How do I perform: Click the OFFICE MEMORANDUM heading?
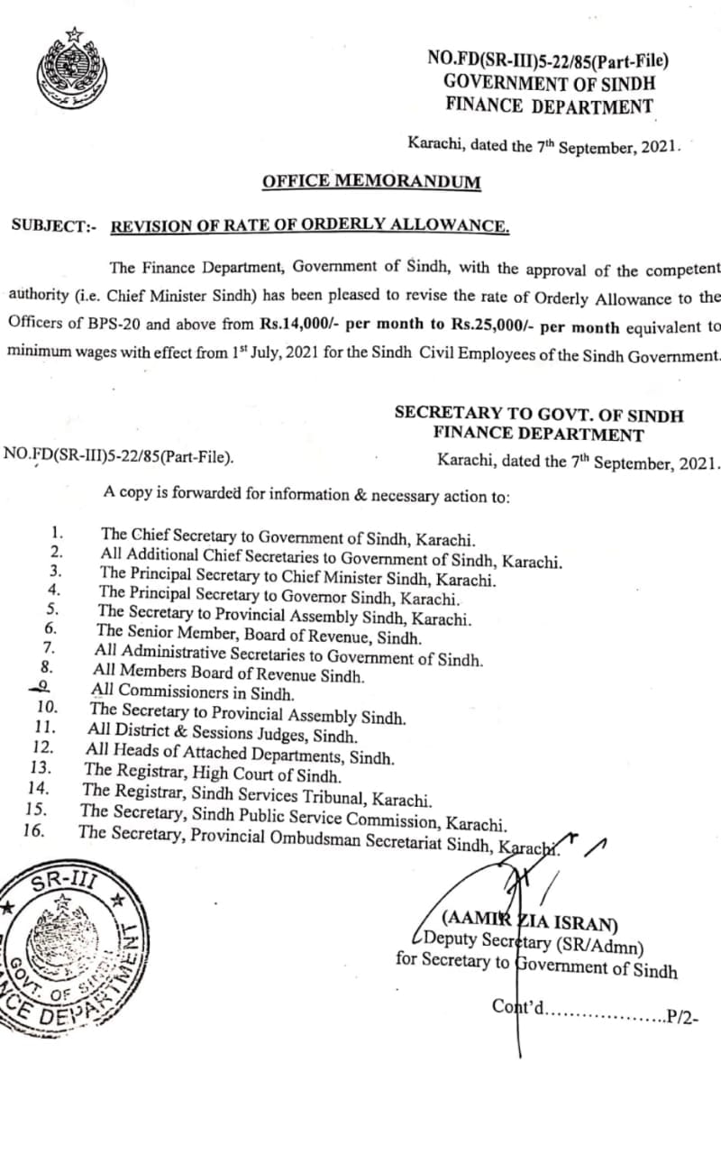pyautogui.click(x=371, y=182)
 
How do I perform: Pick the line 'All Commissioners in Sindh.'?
pyautogui.click(x=193, y=693)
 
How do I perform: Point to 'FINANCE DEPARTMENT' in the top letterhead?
pyautogui.click(x=549, y=105)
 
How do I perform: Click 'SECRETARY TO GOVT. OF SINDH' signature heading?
pyautogui.click(x=538, y=415)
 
